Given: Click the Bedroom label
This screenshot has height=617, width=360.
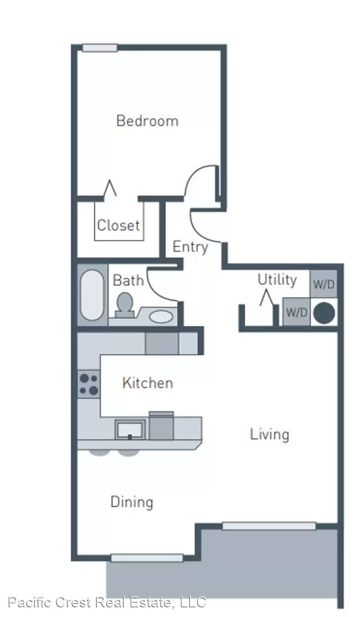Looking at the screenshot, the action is [x=147, y=121].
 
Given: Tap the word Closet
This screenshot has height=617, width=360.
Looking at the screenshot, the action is [x=118, y=226].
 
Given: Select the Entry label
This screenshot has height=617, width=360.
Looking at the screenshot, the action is [x=190, y=247].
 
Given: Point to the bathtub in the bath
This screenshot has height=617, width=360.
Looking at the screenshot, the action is [x=91, y=295].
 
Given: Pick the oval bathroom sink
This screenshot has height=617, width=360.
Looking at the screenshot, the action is [x=161, y=316].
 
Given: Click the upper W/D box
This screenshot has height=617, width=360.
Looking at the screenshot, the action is [x=324, y=284].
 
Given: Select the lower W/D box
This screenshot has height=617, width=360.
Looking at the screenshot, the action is [x=297, y=312].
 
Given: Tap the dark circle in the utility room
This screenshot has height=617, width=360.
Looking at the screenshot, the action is [x=324, y=313].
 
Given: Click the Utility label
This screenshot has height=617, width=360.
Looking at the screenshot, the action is [x=277, y=280].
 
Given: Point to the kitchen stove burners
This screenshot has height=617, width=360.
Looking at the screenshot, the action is [x=89, y=384].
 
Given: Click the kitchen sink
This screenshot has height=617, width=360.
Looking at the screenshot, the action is [x=130, y=430].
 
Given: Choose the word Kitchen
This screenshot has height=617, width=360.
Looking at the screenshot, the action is [x=147, y=383].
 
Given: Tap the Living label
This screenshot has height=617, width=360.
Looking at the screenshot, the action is [x=270, y=435].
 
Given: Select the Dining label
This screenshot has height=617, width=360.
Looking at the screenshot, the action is [x=132, y=503].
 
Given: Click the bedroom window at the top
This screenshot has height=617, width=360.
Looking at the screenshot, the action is [x=100, y=48].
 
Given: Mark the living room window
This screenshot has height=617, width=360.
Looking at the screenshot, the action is [x=269, y=526].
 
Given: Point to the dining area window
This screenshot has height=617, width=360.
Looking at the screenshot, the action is [x=147, y=558].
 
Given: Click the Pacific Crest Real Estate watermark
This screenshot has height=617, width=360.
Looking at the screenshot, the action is [x=107, y=603].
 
